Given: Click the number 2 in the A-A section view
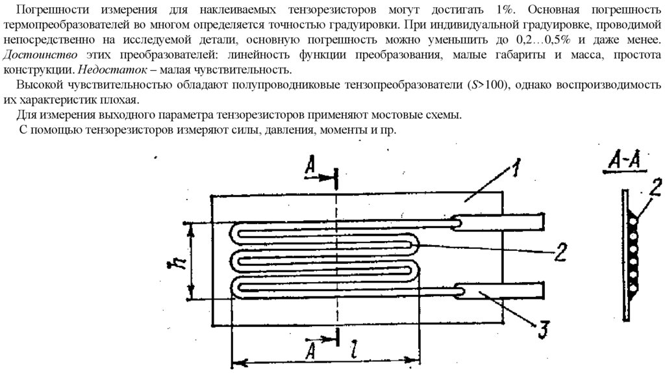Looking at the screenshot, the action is tap(656, 185).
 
